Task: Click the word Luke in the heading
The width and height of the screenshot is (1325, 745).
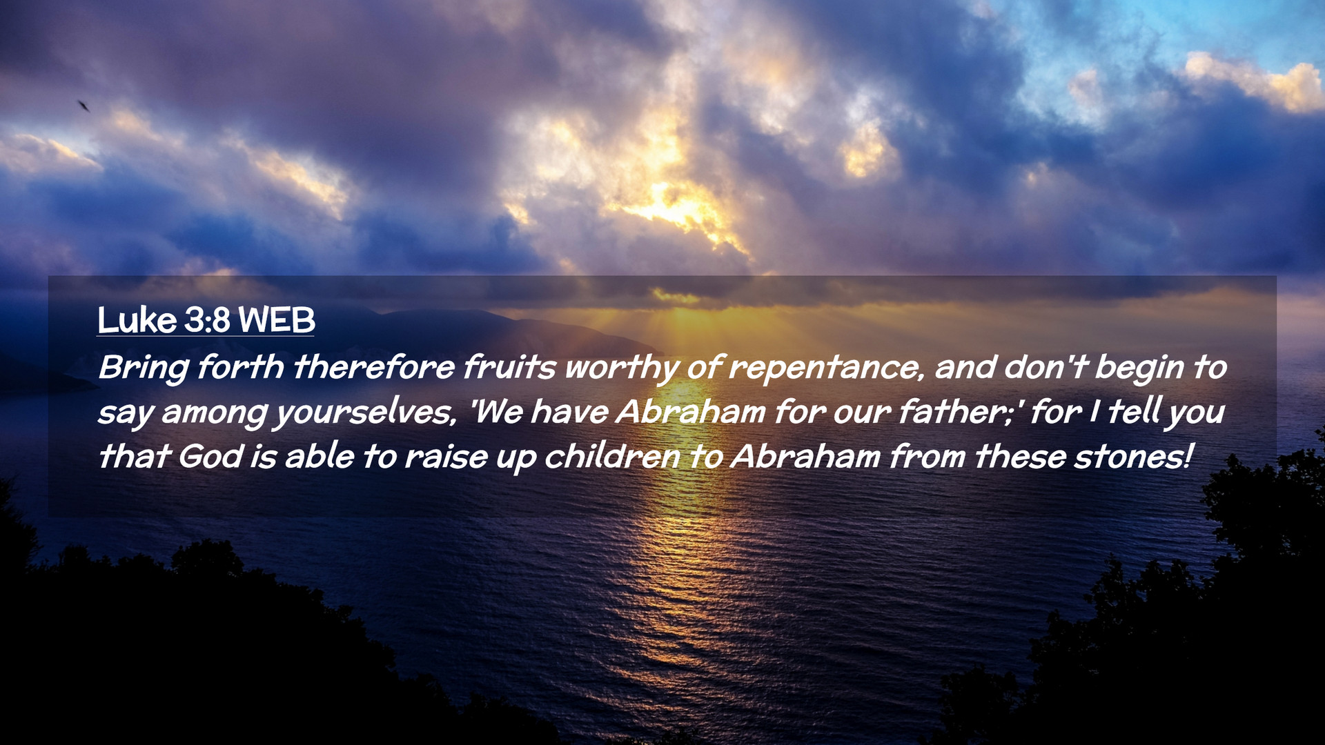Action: coord(137,320)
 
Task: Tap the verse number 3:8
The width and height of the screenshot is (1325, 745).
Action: coord(207,320)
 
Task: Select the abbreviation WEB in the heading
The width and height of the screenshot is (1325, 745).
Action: coord(276,320)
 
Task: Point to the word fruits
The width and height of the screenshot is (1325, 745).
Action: coord(509,367)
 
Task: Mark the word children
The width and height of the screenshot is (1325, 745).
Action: coord(612,457)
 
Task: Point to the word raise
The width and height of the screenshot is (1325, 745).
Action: coord(446,457)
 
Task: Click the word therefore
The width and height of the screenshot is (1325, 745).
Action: coord(374,367)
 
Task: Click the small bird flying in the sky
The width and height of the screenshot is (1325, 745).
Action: coord(84,106)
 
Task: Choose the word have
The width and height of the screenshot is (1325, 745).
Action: coord(569,412)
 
